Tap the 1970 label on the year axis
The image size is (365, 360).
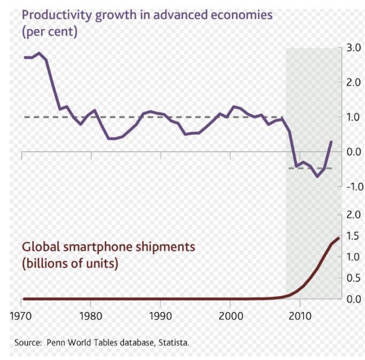click(x=21, y=315)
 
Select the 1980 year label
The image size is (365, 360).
click(x=91, y=315)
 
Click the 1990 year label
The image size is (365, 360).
click(x=161, y=315)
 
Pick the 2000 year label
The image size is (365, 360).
click(x=230, y=315)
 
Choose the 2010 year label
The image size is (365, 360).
click(x=300, y=315)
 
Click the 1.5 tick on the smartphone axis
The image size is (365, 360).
click(x=355, y=236)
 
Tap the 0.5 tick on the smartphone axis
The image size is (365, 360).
click(x=355, y=278)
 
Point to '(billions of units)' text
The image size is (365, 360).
click(x=70, y=263)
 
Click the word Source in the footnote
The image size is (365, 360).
click(x=27, y=343)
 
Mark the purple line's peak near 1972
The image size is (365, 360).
click(x=39, y=53)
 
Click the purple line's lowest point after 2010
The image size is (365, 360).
click(x=318, y=176)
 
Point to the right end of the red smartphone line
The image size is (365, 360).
click(x=338, y=238)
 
